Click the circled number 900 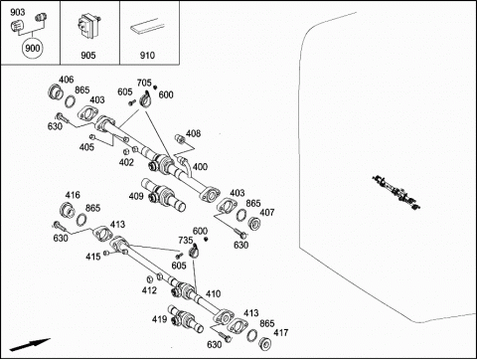click(33, 49)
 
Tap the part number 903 click(17, 12)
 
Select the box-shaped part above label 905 click(88, 25)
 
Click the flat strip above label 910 click(147, 26)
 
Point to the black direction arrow click(30, 345)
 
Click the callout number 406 click(67, 80)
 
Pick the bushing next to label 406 click(56, 92)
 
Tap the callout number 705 click(144, 83)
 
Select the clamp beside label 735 click(195, 251)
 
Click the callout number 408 click(193, 133)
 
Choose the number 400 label click(200, 167)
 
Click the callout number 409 click(136, 196)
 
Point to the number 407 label click(267, 213)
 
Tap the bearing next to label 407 click(254, 223)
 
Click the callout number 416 click(73, 195)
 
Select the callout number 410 click(213, 294)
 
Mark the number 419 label click(159, 319)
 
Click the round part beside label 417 click(265, 344)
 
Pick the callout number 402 click(126, 162)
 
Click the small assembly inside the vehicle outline click(397, 192)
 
